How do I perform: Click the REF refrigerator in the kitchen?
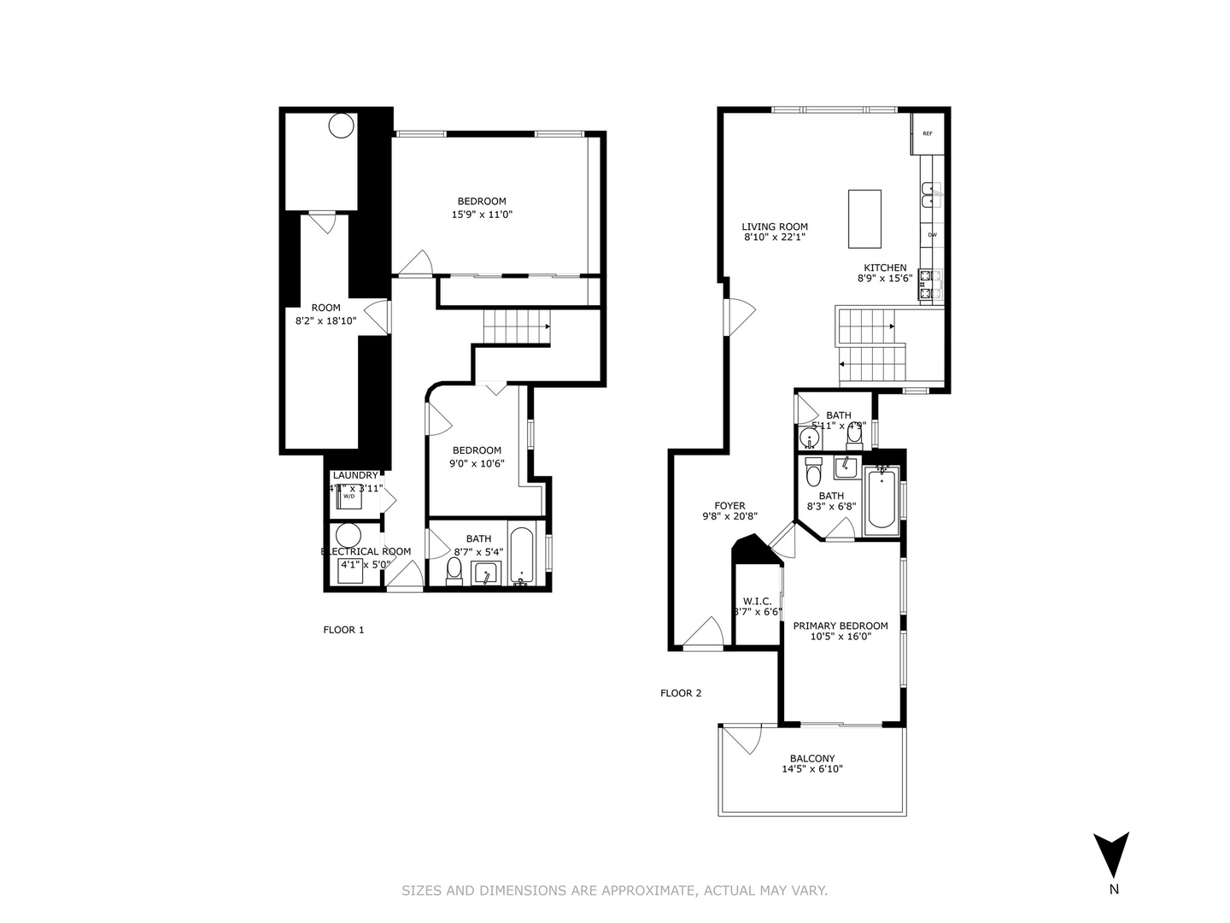tap(927, 133)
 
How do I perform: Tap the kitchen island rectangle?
tap(864, 219)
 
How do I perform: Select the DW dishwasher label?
tap(932, 235)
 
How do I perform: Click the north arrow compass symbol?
tap(1112, 855)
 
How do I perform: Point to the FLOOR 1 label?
tap(343, 630)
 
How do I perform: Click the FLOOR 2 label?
tap(681, 693)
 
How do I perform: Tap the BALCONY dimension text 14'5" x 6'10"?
tap(812, 769)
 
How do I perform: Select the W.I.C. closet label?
tap(757, 600)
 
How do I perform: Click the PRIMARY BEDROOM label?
tap(840, 626)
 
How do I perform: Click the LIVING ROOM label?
tap(774, 226)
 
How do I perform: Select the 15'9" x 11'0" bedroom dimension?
tap(482, 215)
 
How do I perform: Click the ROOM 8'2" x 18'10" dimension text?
tap(325, 320)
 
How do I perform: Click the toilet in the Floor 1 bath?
tap(454, 571)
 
